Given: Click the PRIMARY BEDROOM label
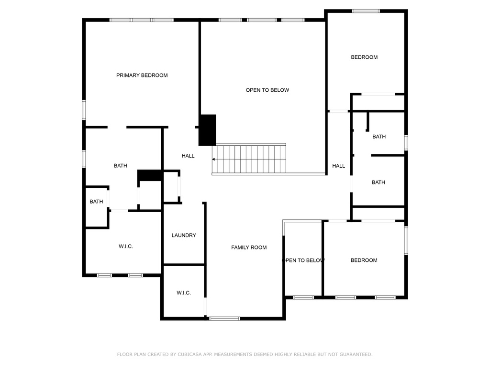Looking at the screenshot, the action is (x=142, y=75).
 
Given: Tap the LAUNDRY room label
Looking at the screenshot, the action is (x=184, y=235).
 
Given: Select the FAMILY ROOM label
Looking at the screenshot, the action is (x=249, y=248).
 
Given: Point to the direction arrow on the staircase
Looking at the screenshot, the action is (x=214, y=159).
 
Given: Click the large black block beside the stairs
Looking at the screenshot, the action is (x=208, y=130).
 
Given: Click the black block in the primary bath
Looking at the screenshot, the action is (x=150, y=175).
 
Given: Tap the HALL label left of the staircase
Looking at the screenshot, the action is (x=188, y=156).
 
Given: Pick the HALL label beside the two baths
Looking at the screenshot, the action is (x=338, y=166).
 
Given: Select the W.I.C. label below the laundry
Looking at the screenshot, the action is (x=183, y=293).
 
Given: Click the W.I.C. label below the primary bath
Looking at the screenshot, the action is (x=126, y=246).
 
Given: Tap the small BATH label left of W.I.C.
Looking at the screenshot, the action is (x=96, y=202).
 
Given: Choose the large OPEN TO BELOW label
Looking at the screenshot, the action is (x=267, y=90).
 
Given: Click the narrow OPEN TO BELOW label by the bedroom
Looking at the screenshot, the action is (x=303, y=260).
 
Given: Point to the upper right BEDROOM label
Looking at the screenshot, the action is (x=364, y=57).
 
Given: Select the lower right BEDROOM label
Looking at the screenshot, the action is (x=364, y=260).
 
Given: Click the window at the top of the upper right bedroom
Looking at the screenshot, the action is (x=366, y=11).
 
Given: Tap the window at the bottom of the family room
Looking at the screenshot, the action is (x=224, y=319).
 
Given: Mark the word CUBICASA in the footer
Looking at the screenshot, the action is (x=189, y=354).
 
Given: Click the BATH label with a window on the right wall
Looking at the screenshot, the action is (x=379, y=137).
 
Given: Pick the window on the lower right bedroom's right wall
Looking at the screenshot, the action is (x=406, y=240).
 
